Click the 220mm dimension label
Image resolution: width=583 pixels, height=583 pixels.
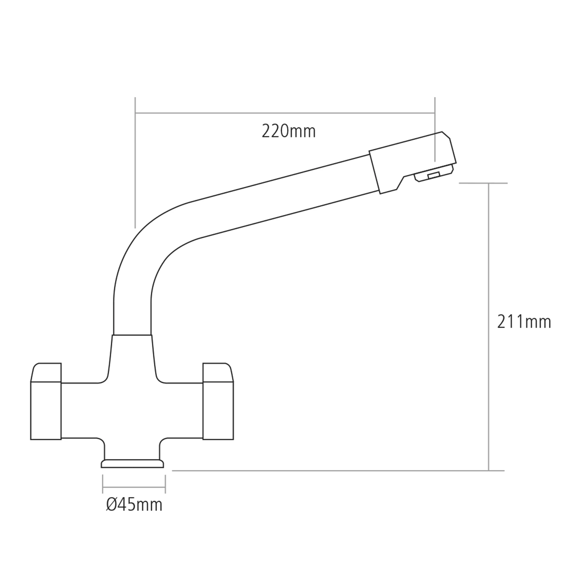click(288, 131)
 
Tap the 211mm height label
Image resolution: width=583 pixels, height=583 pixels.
click(524, 322)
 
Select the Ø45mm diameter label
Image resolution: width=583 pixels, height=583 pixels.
click(134, 505)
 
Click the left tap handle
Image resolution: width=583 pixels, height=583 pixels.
click(46, 404)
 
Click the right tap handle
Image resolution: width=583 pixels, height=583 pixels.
click(218, 404)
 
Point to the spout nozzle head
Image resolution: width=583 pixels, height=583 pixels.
click(412, 161)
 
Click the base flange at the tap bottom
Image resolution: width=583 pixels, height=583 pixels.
click(132, 463)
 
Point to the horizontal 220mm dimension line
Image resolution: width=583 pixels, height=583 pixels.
click(285, 113)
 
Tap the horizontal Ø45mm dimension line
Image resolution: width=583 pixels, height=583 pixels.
click(134, 488)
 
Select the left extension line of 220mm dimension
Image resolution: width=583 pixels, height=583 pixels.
click(135, 163)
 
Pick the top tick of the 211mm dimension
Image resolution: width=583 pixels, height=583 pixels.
click(483, 183)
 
